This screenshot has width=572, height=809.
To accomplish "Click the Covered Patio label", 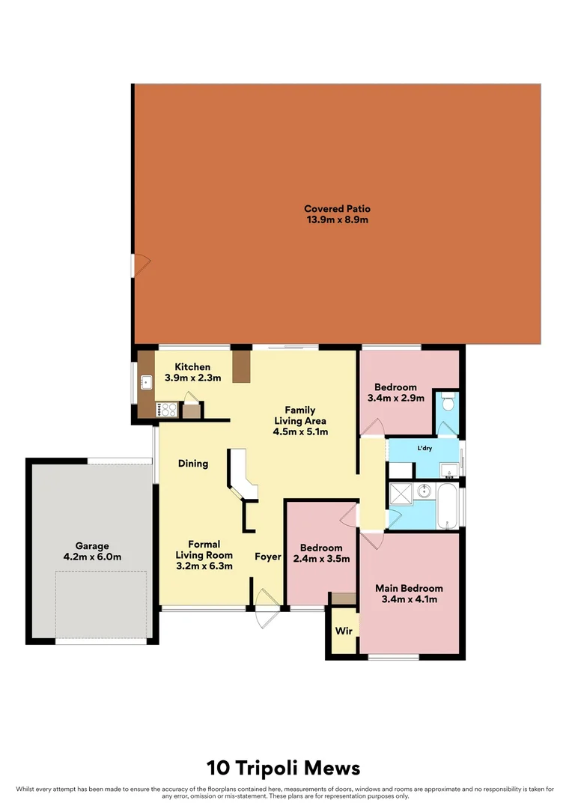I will [x=337, y=209].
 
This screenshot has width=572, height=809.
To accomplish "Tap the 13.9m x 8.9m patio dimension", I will [x=337, y=220].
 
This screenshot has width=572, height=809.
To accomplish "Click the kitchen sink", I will [x=146, y=384].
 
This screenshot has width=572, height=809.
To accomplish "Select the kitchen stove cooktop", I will [x=167, y=409].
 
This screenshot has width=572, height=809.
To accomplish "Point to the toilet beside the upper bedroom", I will [x=448, y=403].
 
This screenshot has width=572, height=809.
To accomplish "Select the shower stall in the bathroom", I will [x=401, y=494].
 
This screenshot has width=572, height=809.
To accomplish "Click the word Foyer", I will [x=267, y=557].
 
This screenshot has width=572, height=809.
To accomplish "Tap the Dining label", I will [x=193, y=464].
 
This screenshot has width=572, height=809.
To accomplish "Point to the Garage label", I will [x=92, y=546].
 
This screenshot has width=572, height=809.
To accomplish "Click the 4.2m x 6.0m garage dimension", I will [x=92, y=557].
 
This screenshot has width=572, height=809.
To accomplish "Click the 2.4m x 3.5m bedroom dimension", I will [x=321, y=559].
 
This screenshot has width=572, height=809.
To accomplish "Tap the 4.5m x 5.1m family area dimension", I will [x=299, y=431].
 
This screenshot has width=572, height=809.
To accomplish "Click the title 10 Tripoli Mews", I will [x=284, y=768].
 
